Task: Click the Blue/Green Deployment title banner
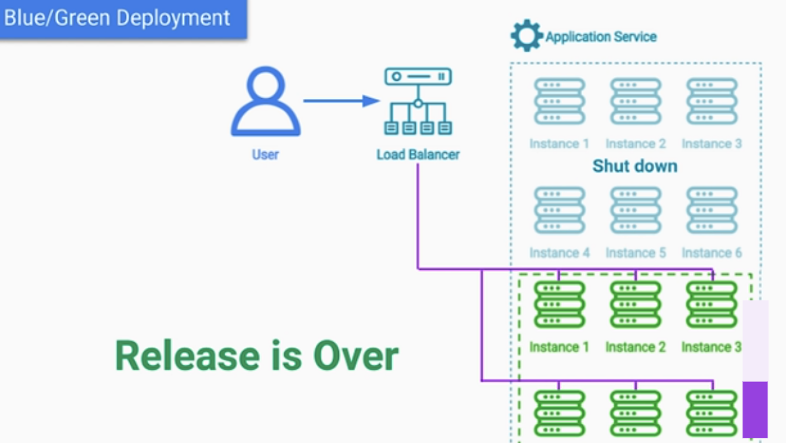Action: click(x=123, y=19)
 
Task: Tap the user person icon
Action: click(x=266, y=101)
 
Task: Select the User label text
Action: click(x=266, y=154)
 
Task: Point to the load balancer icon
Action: click(x=418, y=101)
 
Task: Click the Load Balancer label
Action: click(x=418, y=154)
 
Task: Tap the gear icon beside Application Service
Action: click(x=526, y=36)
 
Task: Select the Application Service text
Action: click(x=601, y=37)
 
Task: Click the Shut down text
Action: click(x=635, y=166)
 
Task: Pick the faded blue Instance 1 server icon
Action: click(x=559, y=101)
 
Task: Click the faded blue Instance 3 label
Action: click(x=712, y=144)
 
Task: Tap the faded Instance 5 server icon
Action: click(x=636, y=210)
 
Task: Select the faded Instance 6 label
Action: click(x=712, y=252)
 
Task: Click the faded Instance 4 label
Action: click(x=559, y=252)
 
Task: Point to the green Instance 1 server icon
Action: click(x=559, y=305)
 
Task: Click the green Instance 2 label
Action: click(x=636, y=347)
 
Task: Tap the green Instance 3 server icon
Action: click(x=712, y=305)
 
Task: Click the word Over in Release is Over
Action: click(x=356, y=356)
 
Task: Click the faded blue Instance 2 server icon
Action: click(x=636, y=101)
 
